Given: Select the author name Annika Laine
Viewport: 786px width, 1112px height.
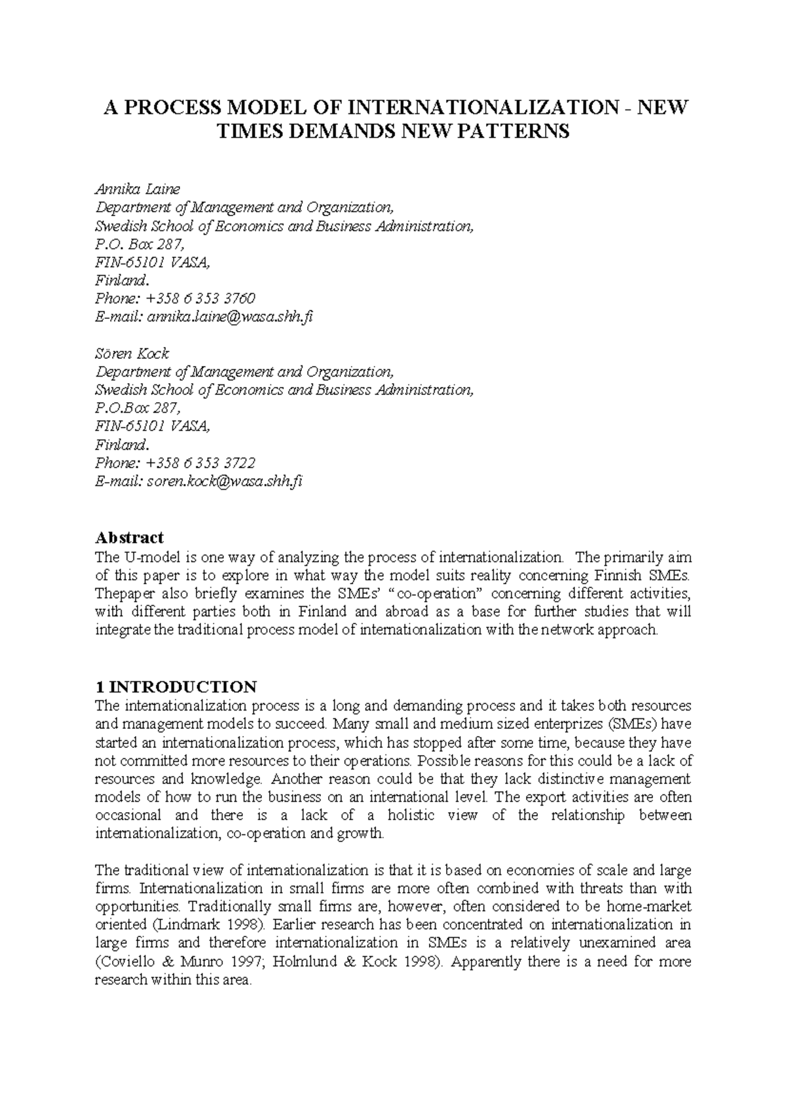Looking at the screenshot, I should (137, 189).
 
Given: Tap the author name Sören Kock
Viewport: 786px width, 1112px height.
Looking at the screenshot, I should (132, 354).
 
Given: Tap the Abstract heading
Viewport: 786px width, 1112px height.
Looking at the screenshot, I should (129, 538).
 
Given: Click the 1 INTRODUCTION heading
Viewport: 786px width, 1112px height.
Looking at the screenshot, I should (176, 687).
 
